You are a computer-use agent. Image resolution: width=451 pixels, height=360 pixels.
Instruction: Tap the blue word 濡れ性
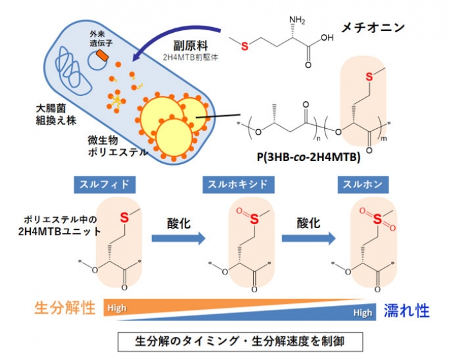(407, 311)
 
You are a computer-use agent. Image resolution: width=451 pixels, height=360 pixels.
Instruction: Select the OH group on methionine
(327, 38)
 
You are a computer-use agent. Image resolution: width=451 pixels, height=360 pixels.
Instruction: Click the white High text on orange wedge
(117, 308)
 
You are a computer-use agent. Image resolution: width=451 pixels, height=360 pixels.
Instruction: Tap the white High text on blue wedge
(362, 313)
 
